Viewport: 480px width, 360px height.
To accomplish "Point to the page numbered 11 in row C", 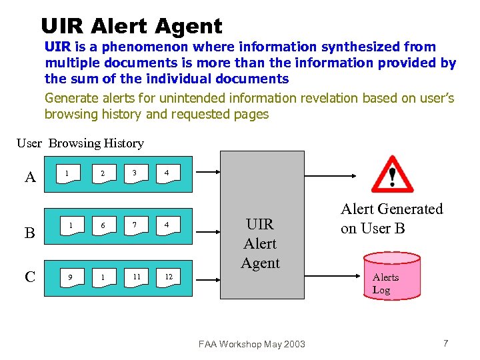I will click(x=135, y=277).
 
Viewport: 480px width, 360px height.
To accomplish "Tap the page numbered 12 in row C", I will click(x=168, y=277).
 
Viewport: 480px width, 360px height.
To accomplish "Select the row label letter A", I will click(x=30, y=177).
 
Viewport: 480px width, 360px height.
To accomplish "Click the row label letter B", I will click(x=30, y=233).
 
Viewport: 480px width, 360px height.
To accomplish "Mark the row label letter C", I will click(x=30, y=276).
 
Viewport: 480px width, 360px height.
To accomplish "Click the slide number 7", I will click(x=445, y=343).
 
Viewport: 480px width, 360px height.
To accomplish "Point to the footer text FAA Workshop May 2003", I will click(x=251, y=344).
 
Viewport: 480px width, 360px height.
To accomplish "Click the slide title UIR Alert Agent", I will click(x=131, y=26).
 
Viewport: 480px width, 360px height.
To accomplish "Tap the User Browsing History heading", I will click(x=80, y=143).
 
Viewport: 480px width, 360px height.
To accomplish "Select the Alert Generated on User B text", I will click(x=391, y=219).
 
